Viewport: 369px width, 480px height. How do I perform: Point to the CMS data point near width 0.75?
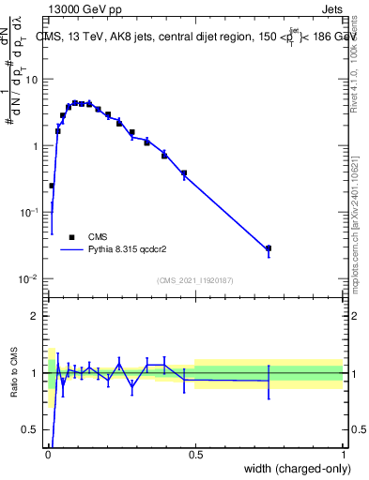(269, 248)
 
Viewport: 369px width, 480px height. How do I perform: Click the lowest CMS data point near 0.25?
(52, 186)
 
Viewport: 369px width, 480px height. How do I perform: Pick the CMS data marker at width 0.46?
(184, 173)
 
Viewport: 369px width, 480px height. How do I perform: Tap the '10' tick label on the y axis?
(32, 79)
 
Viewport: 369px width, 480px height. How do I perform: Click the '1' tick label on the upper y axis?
(36, 146)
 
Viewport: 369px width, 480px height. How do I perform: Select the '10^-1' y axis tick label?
(30, 213)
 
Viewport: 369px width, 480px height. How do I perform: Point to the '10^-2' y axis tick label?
(30, 279)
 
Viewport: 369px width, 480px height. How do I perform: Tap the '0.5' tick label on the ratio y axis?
(31, 431)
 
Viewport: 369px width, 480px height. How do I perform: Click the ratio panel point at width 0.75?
(269, 381)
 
